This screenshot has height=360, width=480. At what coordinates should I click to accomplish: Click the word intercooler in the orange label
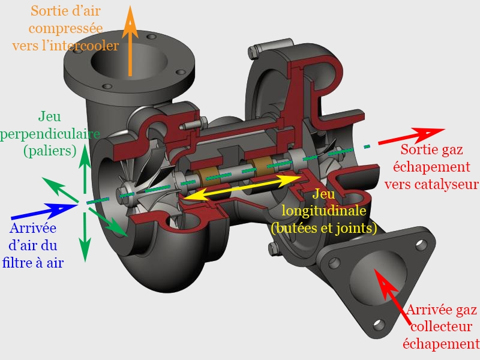click(x=85, y=45)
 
